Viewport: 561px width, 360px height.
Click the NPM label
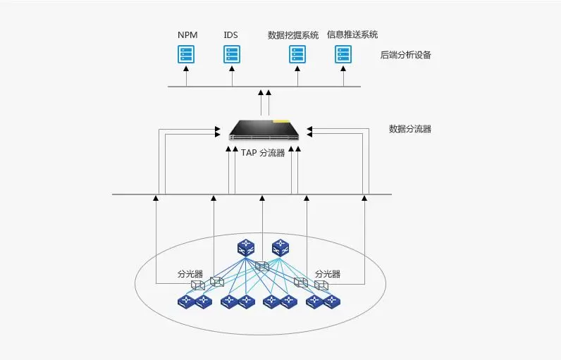pos(187,35)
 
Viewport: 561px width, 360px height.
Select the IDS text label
pos(231,35)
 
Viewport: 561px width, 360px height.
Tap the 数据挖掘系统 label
pos(293,35)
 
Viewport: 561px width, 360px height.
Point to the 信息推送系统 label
pos(352,35)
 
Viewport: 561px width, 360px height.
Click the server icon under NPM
pos(186,54)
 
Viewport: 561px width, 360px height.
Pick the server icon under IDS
pos(232,54)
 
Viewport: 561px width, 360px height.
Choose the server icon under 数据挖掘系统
pos(297,54)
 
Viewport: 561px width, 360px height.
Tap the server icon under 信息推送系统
pos(343,54)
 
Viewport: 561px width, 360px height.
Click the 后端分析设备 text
pos(405,55)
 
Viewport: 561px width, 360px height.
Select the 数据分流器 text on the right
pos(409,129)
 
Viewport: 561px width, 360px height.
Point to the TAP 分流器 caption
pos(262,152)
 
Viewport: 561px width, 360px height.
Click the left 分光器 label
pos(189,274)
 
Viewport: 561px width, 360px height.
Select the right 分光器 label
pos(328,274)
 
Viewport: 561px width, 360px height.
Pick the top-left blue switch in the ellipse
pos(246,248)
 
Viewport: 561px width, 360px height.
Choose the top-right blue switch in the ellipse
pos(280,248)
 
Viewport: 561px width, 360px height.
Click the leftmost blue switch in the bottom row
pos(186,302)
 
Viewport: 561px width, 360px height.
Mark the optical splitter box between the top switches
pos(262,267)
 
